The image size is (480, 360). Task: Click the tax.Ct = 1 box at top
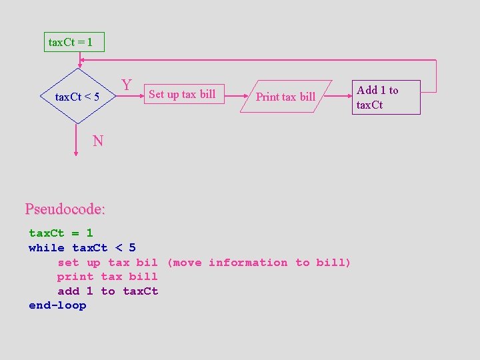click(74, 43)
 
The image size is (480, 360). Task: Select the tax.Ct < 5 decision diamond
click(77, 97)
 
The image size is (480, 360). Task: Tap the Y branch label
click(127, 85)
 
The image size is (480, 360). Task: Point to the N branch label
click(98, 141)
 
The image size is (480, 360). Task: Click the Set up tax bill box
click(182, 94)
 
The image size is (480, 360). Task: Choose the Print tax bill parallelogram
click(285, 97)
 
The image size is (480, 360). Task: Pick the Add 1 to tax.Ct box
click(385, 97)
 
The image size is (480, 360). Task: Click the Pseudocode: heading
click(65, 209)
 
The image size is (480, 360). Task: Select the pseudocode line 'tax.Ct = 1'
click(61, 233)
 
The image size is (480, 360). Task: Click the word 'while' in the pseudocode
click(47, 248)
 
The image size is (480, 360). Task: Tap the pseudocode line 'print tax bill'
click(107, 277)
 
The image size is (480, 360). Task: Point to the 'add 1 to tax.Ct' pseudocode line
click(107, 291)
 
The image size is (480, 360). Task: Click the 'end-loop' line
click(57, 305)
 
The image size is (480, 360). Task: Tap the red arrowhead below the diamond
click(77, 153)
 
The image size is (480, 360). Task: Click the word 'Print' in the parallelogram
click(268, 97)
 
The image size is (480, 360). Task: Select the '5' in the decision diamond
click(96, 97)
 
